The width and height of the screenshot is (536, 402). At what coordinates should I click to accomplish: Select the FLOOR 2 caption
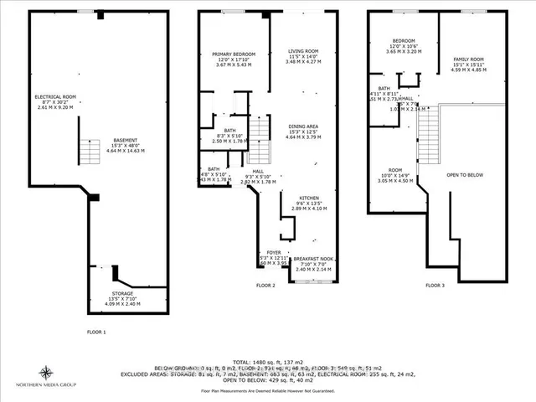click(265, 286)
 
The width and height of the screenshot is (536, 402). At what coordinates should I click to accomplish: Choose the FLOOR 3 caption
click(434, 286)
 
